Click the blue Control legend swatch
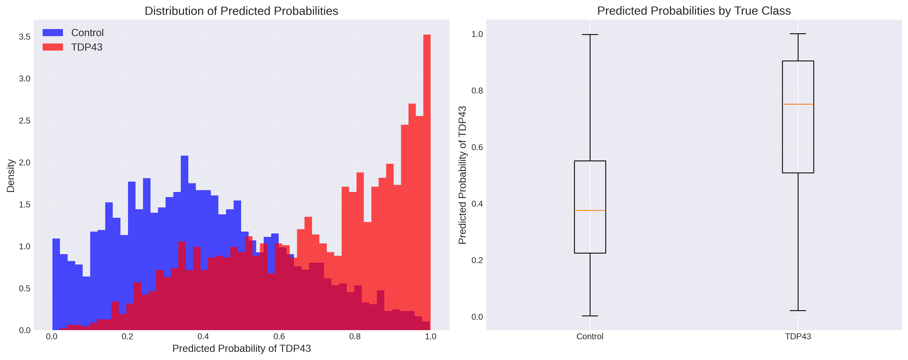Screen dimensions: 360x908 (x=53, y=33)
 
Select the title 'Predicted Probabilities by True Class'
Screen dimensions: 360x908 (x=694, y=11)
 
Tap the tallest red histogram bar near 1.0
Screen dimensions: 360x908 (x=427, y=176)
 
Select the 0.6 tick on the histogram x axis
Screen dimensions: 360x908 (x=279, y=336)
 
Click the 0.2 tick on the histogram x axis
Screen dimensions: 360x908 (x=128, y=336)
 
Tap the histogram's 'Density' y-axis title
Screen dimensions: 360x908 (x=11, y=175)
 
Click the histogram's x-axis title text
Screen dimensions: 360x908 (x=242, y=348)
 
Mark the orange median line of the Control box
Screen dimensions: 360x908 (x=590, y=210)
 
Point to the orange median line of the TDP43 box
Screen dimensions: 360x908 (x=798, y=104)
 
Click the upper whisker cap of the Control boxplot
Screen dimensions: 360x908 (x=590, y=35)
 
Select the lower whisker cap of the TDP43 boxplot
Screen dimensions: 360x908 (x=798, y=311)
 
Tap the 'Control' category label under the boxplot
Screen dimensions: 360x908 (x=590, y=336)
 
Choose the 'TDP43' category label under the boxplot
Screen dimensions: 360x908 (x=798, y=336)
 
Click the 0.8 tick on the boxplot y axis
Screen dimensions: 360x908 (x=477, y=91)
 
